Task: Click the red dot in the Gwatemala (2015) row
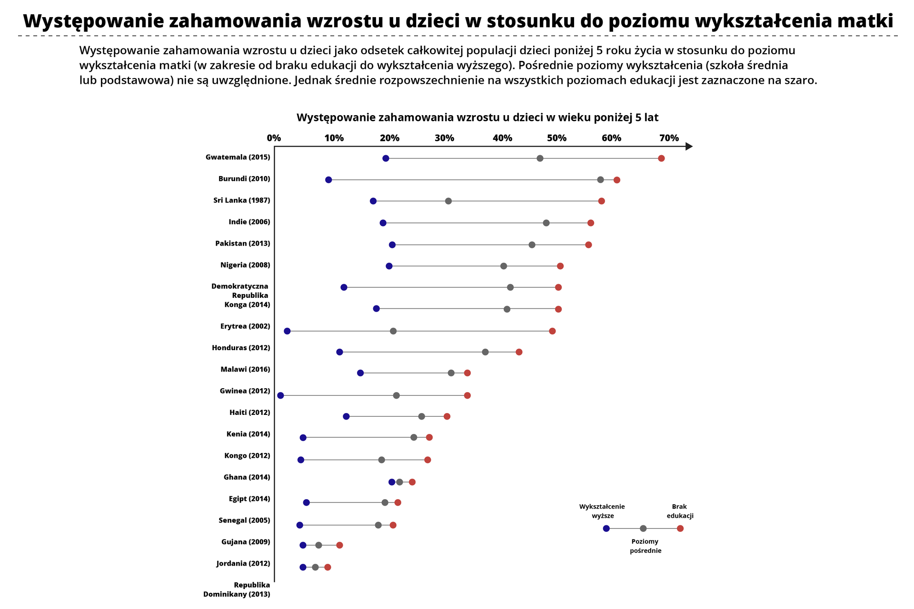pyautogui.click(x=661, y=158)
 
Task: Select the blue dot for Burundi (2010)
pyautogui.click(x=328, y=180)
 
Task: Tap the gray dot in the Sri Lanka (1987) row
pyautogui.click(x=448, y=201)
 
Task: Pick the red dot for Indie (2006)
pyautogui.click(x=591, y=223)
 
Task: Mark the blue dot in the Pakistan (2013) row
pyautogui.click(x=392, y=245)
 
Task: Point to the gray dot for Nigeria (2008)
pyautogui.click(x=504, y=266)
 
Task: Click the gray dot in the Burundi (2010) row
pyautogui.click(x=601, y=180)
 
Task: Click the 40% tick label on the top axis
pyautogui.click(x=503, y=138)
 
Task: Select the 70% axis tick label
pyautogui.click(x=669, y=138)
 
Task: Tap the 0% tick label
pyautogui.click(x=274, y=138)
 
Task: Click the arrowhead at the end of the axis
pyautogui.click(x=689, y=147)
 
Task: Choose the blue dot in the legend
pyautogui.click(x=606, y=529)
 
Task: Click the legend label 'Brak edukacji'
pyautogui.click(x=680, y=511)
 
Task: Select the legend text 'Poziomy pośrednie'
pyautogui.click(x=646, y=546)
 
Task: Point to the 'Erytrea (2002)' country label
pyautogui.click(x=245, y=326)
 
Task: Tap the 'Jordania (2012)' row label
pyautogui.click(x=243, y=564)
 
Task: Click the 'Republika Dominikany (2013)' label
pyautogui.click(x=237, y=589)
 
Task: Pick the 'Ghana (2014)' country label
pyautogui.click(x=247, y=477)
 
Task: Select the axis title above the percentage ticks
pyautogui.click(x=477, y=118)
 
